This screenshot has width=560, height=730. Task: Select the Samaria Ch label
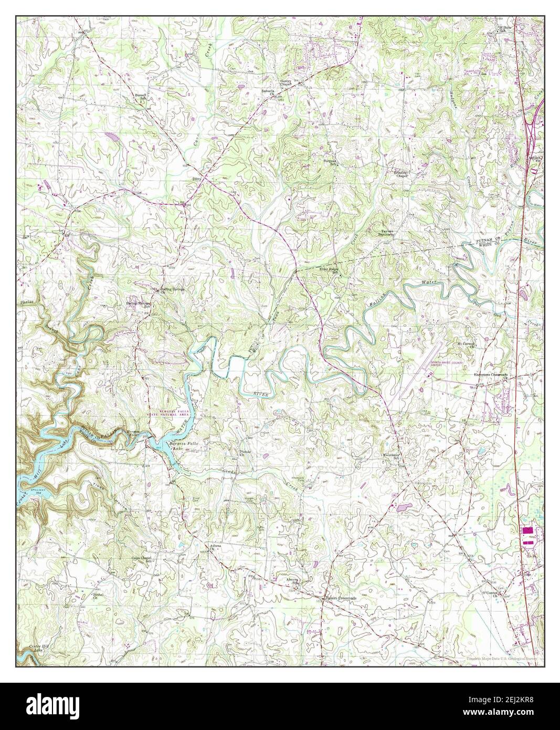click(269, 91)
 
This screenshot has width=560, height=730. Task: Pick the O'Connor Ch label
click(490, 593)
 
